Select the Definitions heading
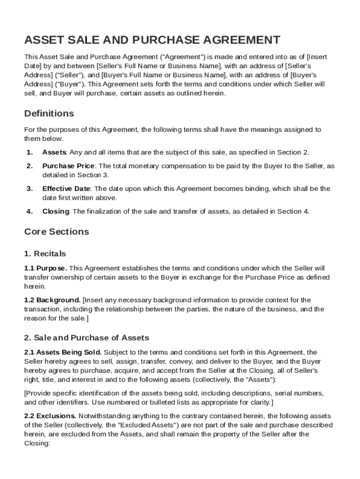[49, 114]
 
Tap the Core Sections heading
[56, 232]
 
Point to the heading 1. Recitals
[45, 254]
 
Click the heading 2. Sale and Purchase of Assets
[86, 338]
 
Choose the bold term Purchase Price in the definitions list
[69, 166]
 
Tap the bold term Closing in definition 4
[56, 211]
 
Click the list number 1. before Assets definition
[29, 152]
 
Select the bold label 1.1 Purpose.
[45, 268]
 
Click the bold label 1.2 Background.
[52, 300]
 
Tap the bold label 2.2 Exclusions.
[50, 416]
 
